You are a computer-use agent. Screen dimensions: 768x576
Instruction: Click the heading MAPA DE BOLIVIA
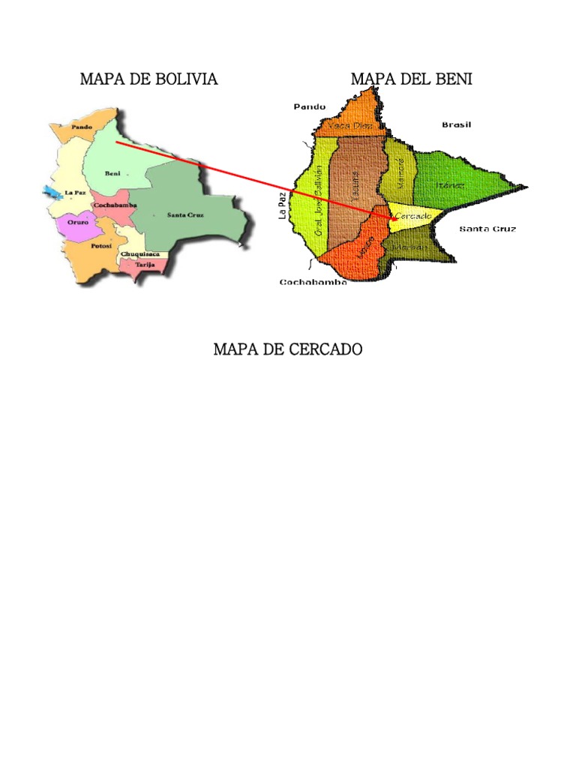point(148,79)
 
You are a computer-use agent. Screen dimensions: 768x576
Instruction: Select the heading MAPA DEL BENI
point(411,79)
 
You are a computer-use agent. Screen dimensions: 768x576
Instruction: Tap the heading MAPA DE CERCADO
point(288,349)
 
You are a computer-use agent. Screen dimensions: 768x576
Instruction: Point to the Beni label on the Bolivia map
point(112,173)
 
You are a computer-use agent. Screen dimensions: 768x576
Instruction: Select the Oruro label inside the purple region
point(79,222)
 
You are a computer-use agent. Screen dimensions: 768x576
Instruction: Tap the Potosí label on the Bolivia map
point(101,245)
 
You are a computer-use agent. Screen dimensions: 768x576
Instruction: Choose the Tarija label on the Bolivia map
point(145,265)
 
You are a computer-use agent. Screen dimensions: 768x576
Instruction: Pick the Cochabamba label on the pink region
point(115,205)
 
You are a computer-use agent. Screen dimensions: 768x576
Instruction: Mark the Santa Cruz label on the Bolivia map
point(185,215)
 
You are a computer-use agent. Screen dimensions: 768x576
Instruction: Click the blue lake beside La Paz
point(49,192)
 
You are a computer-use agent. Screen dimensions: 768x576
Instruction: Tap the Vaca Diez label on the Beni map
point(351,126)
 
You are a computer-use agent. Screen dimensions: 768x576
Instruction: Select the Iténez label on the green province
point(450,184)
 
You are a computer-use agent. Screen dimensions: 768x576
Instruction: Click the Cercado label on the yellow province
point(413,216)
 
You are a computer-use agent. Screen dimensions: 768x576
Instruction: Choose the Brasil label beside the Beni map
point(456,124)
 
